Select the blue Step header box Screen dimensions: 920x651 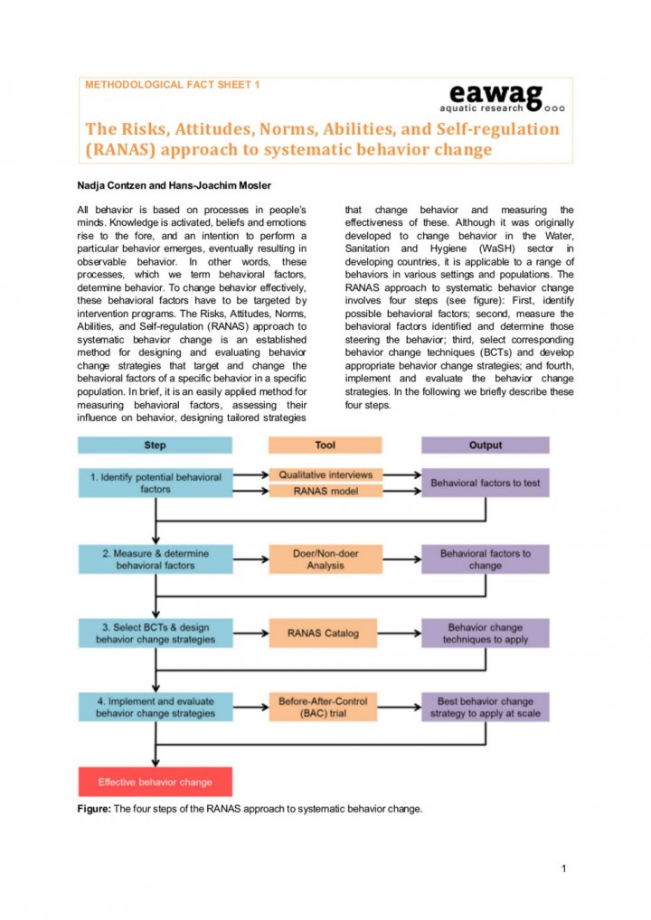point(155,445)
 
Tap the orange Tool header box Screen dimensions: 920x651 point(325,445)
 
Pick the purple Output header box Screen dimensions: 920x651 point(486,445)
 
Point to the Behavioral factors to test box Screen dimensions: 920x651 point(486,483)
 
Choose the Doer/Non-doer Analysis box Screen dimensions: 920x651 point(325,559)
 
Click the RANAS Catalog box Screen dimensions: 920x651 point(325,634)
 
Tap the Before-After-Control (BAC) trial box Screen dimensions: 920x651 point(325,707)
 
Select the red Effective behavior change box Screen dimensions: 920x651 point(155,782)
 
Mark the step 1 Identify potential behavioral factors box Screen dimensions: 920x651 point(155,483)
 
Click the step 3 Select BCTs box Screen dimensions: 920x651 point(155,634)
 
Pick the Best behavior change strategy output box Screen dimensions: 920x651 point(486,707)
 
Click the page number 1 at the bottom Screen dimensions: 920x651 point(563,869)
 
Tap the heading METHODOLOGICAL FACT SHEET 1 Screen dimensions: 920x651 point(173,84)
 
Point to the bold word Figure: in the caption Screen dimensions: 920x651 point(94,809)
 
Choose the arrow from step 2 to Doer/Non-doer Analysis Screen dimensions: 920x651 point(250,559)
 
